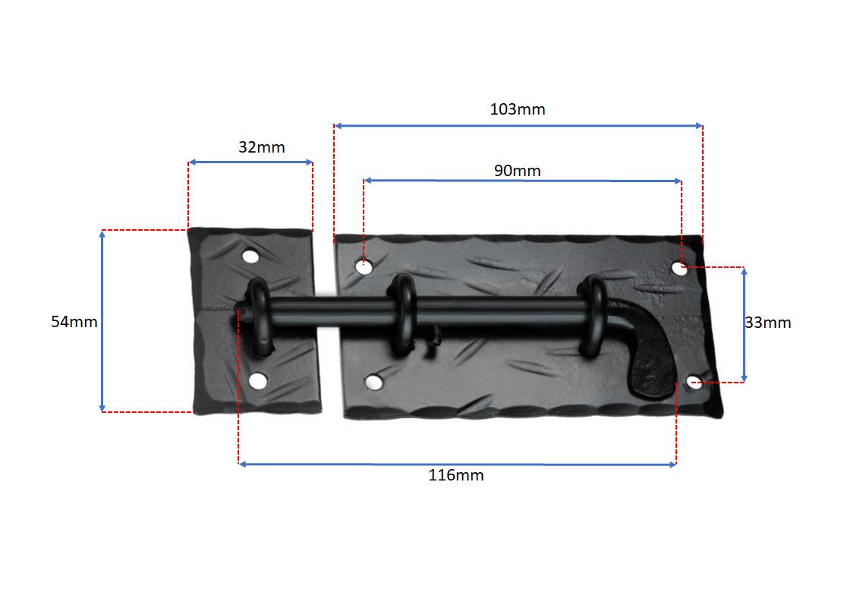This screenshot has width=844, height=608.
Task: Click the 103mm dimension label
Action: pyautogui.click(x=518, y=109)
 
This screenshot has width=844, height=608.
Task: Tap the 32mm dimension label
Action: pyautogui.click(x=262, y=147)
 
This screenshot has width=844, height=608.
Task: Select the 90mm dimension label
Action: pyautogui.click(x=518, y=171)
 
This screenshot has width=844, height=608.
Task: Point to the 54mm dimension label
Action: pyautogui.click(x=74, y=322)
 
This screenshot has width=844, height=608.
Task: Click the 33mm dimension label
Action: pyautogui.click(x=767, y=323)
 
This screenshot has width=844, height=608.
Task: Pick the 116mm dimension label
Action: pyautogui.click(x=456, y=475)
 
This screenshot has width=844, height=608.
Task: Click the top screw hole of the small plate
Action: pyautogui.click(x=250, y=256)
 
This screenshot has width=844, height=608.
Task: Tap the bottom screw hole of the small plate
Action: pyautogui.click(x=258, y=381)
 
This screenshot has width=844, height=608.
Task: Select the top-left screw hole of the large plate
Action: pyautogui.click(x=364, y=266)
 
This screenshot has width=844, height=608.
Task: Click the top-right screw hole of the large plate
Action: pyautogui.click(x=679, y=268)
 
